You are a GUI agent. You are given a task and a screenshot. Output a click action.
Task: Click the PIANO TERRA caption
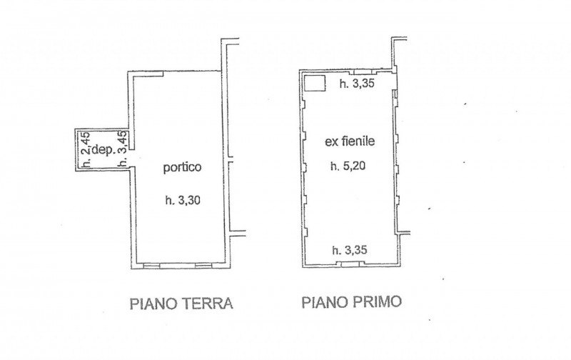[x=181, y=304]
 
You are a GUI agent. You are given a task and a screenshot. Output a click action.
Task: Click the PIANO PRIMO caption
[x=350, y=304]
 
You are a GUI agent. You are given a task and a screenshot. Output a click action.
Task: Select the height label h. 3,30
[x=181, y=201]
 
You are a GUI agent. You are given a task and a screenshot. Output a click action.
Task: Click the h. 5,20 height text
[x=348, y=168]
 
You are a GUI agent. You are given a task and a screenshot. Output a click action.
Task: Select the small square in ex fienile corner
[x=314, y=84]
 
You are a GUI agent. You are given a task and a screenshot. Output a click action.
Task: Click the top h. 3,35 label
[x=357, y=84]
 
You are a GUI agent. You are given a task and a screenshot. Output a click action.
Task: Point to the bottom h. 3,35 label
[x=352, y=250]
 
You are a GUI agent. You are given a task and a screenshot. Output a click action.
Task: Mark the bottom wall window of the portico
[x=177, y=266]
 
